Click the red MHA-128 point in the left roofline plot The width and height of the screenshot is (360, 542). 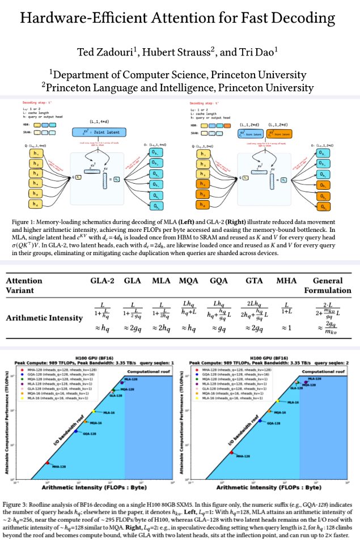[x=48, y=463]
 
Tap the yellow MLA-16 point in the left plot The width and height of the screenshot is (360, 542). [x=94, y=411]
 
